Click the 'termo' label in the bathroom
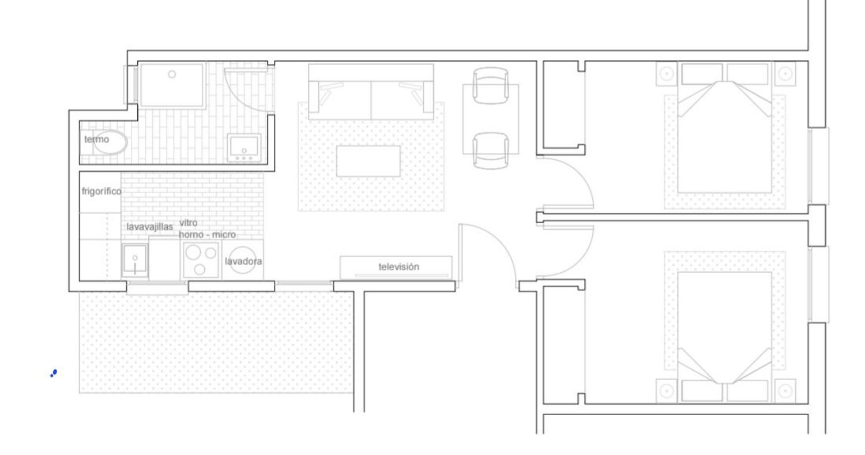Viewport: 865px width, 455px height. [96, 139]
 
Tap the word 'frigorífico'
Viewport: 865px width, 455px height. [101, 191]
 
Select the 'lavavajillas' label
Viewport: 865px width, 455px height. [149, 227]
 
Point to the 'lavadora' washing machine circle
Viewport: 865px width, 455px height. [242, 260]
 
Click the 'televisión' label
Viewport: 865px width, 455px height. [398, 266]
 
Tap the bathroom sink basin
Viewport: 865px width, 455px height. [244, 148]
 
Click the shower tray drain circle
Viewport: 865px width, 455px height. [172, 74]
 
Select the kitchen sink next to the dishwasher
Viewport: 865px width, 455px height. [135, 260]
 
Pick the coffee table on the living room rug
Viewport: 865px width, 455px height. [368, 161]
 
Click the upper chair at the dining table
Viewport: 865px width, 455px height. [490, 85]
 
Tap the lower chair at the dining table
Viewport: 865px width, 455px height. [490, 151]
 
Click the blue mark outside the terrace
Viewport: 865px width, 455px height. [54, 373]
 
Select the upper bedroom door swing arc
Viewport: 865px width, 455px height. [578, 174]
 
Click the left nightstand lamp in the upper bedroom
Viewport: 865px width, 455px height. [667, 73]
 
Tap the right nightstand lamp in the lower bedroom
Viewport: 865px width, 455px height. [785, 391]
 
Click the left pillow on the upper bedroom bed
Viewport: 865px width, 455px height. [702, 74]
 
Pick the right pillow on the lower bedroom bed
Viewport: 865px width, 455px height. [747, 390]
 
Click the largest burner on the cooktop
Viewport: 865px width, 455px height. [193, 253]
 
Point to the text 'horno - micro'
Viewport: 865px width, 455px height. [208, 235]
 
